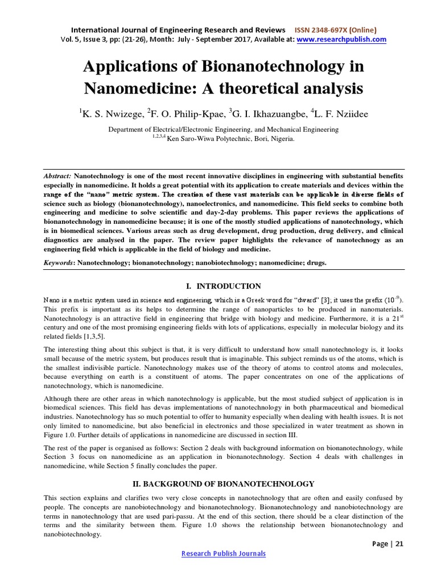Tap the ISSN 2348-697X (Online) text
335,30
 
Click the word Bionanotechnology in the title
287,66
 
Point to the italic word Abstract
58,177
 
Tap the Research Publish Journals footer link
223,553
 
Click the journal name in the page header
178,30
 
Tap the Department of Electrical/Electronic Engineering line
223,129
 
